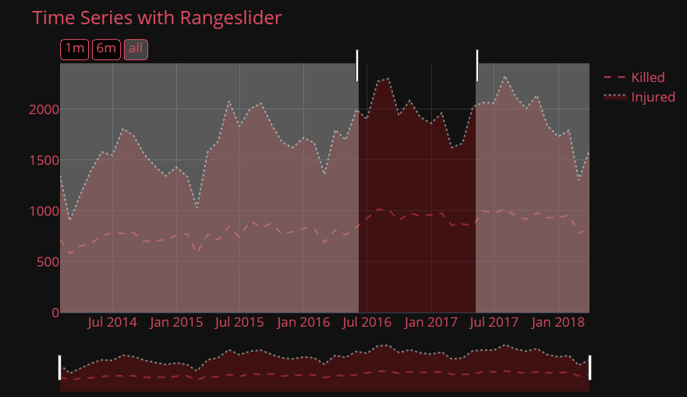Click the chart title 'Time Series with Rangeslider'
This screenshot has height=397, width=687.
tap(157, 18)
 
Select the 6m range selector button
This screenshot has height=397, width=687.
tap(106, 49)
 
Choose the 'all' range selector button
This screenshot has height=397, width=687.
tap(136, 49)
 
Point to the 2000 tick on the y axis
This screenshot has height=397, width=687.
tap(44, 110)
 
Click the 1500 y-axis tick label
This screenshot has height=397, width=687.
tap(44, 161)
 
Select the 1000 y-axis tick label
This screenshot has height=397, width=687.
tap(44, 211)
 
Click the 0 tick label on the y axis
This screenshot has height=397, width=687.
tap(55, 313)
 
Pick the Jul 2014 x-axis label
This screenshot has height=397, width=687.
tap(112, 322)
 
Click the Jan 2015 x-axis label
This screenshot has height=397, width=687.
tap(176, 322)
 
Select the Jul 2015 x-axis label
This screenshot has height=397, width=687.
tap(239, 322)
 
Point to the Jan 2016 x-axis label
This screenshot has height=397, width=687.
tap(303, 322)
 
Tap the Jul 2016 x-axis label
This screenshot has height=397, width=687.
tap(367, 322)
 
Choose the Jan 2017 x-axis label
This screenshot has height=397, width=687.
tap(431, 322)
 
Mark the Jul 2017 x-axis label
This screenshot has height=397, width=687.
tap(494, 322)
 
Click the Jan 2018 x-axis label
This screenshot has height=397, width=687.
tap(558, 322)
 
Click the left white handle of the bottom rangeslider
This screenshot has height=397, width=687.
tap(60, 367)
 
